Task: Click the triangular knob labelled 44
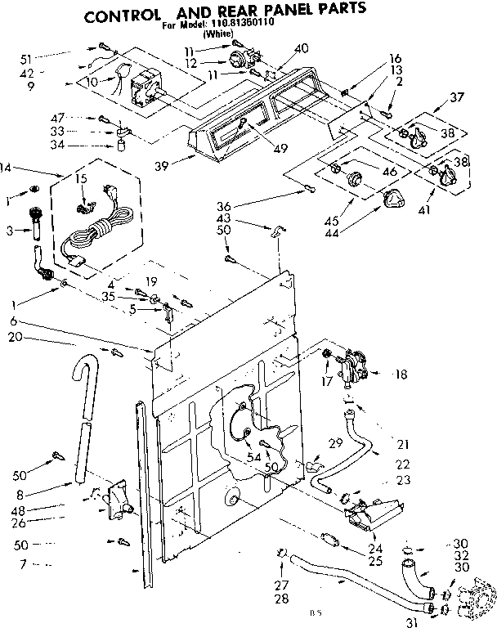tap(395, 197)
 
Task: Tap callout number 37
tap(456, 97)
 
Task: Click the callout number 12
tap(190, 63)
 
